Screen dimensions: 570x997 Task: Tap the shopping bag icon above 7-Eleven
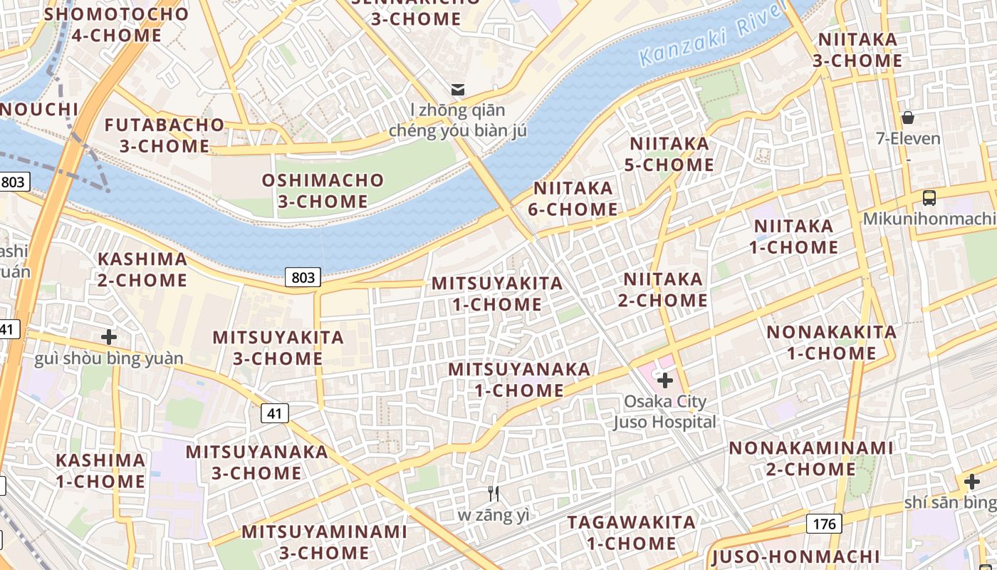tap(907, 118)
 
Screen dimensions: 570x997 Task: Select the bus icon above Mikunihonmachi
tap(929, 198)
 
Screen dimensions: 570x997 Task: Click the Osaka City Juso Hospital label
tap(665, 412)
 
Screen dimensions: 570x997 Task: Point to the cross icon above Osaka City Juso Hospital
tap(665, 380)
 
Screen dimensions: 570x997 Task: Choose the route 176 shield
tap(825, 524)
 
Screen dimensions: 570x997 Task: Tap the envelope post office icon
tap(457, 89)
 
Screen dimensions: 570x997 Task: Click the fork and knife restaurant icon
tap(493, 493)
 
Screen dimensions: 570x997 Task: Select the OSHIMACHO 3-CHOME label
tap(323, 191)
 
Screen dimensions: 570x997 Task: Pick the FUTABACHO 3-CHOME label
tap(165, 135)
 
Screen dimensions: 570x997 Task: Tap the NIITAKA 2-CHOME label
tap(663, 289)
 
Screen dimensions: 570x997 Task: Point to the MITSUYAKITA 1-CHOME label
tap(497, 294)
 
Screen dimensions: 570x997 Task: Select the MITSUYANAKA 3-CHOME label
tap(256, 462)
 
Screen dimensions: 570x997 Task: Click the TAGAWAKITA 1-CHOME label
tap(631, 532)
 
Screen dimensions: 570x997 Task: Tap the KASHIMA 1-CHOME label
tap(100, 470)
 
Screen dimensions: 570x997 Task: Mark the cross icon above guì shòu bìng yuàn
tap(109, 336)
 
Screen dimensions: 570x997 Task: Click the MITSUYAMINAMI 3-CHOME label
tap(324, 541)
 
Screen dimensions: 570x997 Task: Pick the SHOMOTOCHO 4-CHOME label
tap(117, 24)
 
